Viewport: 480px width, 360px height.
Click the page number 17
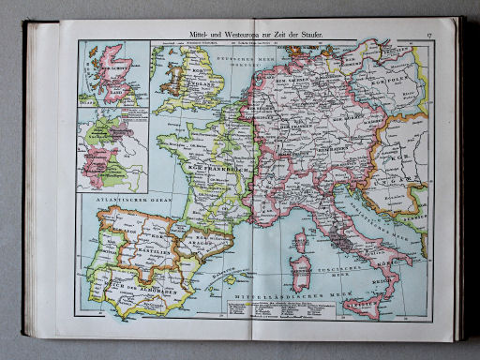tap(427, 35)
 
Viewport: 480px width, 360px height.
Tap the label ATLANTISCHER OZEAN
tap(111, 200)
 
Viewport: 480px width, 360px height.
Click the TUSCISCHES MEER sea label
tap(336, 271)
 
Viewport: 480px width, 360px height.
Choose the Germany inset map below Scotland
tap(112, 151)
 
